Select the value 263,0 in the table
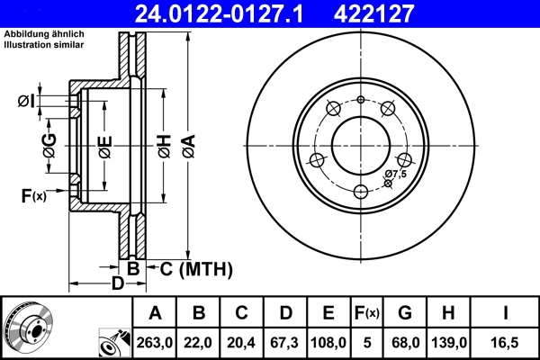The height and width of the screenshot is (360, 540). tap(155, 343)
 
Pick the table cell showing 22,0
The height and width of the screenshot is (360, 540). tap(200, 343)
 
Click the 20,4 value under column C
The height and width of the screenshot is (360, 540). tap(241, 343)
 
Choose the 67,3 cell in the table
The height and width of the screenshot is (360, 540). tap(287, 343)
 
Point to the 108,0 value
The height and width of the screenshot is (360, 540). tap(329, 343)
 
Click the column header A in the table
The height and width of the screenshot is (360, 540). tap(155, 314)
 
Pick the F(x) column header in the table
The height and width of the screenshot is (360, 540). tap(368, 314)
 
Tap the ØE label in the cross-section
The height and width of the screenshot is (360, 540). tap(104, 144)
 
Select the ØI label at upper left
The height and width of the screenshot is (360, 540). tap(27, 101)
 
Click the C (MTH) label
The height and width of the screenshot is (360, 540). tap(195, 268)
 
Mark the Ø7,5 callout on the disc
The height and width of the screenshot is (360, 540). tap(395, 174)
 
